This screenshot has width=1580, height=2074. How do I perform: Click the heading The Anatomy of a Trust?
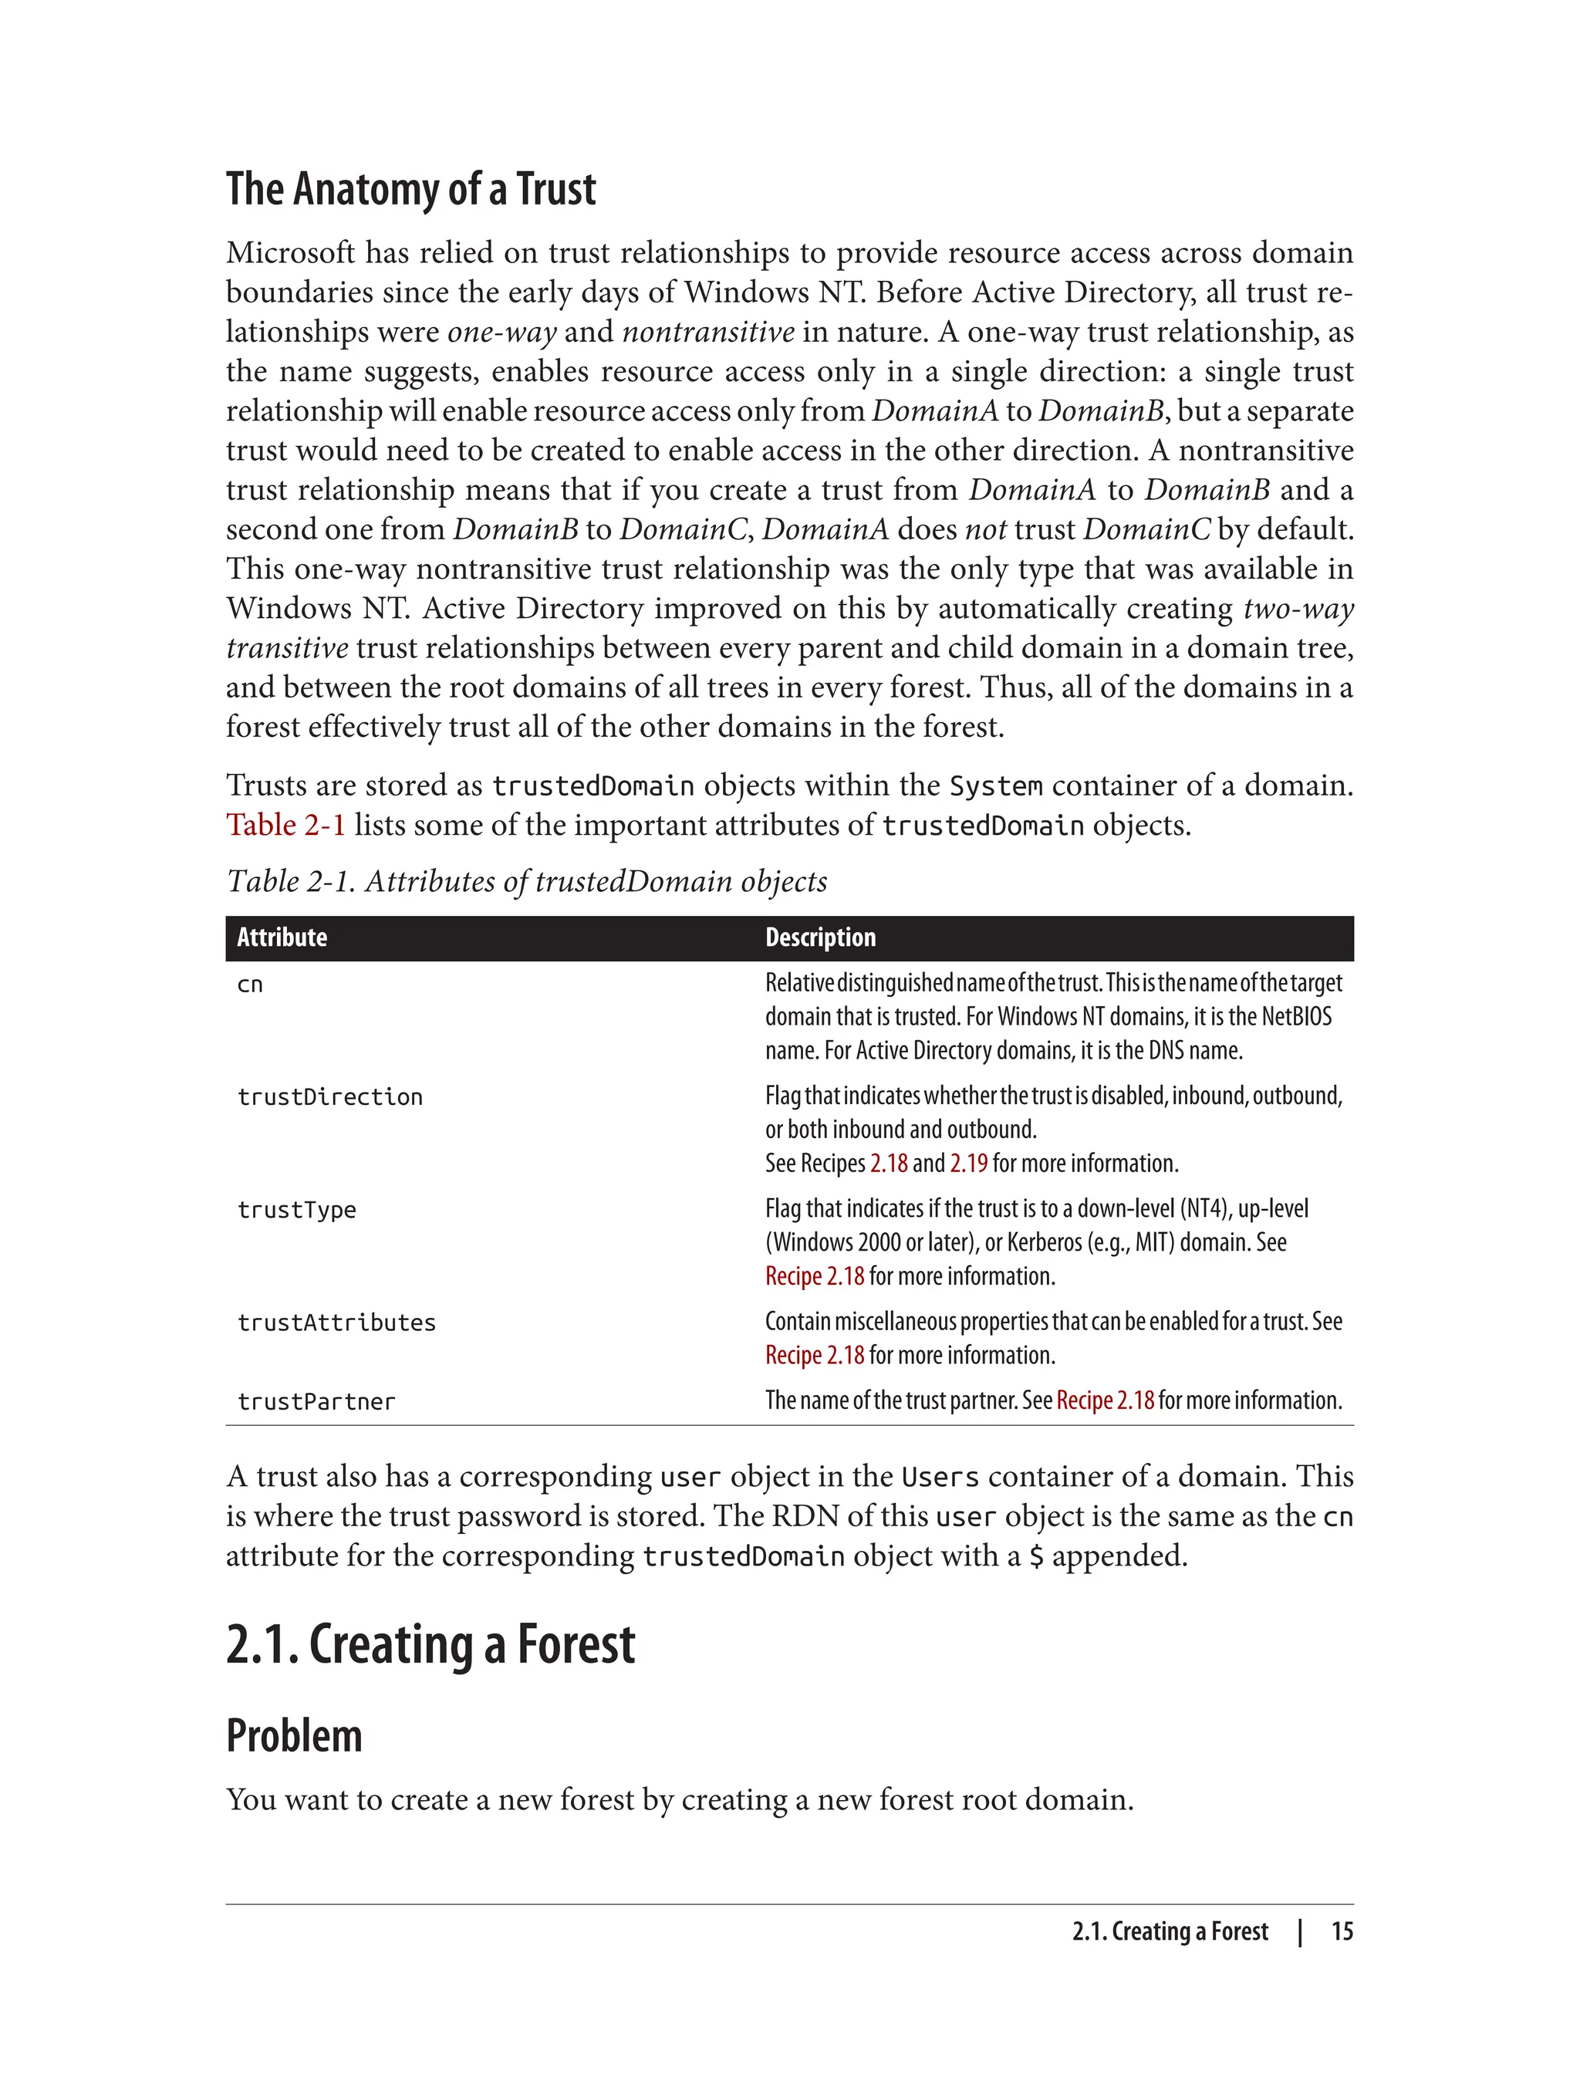410,190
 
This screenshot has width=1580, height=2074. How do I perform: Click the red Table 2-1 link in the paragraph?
285,825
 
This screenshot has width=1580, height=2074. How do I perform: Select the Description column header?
819,937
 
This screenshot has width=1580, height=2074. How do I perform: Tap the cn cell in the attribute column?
249,985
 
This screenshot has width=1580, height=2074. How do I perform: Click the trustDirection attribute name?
329,1096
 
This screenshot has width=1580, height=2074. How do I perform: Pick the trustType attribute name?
296,1210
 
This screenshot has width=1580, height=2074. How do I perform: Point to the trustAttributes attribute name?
336,1322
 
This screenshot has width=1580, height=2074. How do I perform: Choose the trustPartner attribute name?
316,1401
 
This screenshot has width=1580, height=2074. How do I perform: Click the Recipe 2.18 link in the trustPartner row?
1104,1400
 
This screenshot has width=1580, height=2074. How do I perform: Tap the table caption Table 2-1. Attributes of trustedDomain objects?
527,881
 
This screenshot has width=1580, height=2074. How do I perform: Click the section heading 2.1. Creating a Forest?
430,1644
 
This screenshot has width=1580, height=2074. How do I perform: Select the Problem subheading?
293,1735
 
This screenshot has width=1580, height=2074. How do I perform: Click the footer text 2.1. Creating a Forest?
1169,1931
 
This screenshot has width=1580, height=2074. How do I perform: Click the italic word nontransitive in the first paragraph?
708,332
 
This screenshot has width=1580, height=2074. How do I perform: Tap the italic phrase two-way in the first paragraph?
1298,609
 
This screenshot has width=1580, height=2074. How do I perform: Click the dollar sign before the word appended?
1035,1555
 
